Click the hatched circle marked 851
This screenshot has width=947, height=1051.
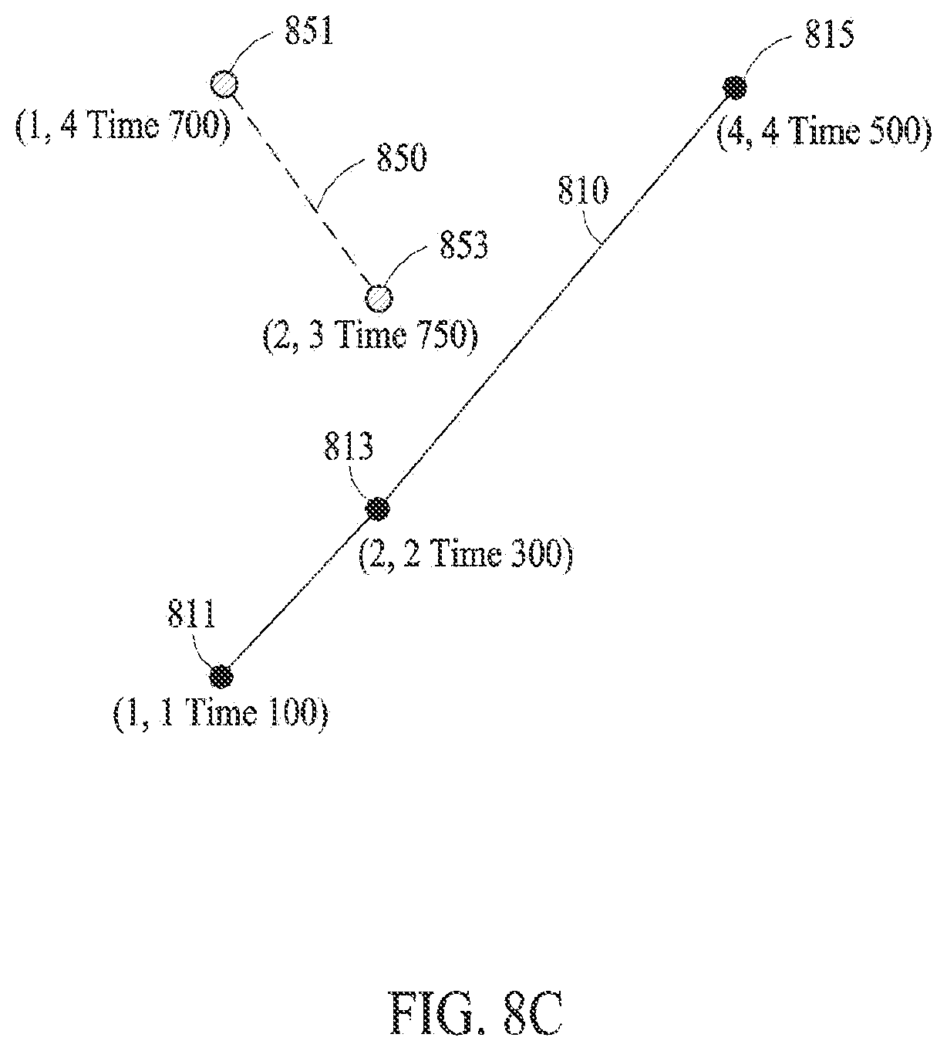click(x=224, y=84)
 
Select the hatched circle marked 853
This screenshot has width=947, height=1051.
click(x=379, y=298)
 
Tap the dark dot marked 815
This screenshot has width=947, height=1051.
click(x=734, y=87)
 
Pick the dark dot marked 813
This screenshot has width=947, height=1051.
click(x=378, y=508)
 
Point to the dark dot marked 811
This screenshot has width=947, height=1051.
click(x=221, y=676)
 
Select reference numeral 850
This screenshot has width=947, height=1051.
click(x=402, y=157)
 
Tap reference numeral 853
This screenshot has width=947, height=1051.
click(x=463, y=245)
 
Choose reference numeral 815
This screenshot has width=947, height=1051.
click(x=830, y=34)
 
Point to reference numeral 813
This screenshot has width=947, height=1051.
click(x=349, y=446)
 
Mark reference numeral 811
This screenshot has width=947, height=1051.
click(x=192, y=613)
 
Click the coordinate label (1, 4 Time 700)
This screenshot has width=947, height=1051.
click(x=123, y=127)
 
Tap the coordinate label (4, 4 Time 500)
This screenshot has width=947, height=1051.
click(x=824, y=131)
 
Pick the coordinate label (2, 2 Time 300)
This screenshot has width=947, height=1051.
click(x=466, y=553)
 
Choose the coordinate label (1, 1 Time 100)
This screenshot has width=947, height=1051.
click(x=221, y=714)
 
